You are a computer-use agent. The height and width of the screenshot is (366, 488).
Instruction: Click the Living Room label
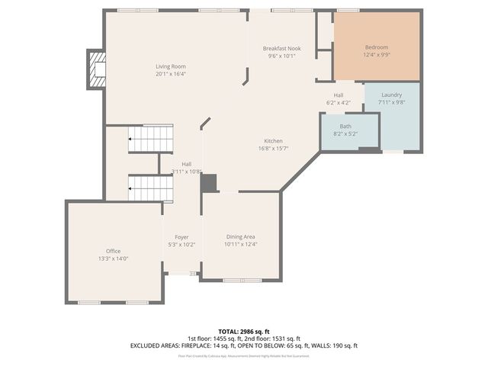[171, 66]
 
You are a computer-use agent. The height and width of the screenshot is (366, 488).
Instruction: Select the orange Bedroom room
[377, 46]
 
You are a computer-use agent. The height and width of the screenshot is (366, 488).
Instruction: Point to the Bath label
[345, 126]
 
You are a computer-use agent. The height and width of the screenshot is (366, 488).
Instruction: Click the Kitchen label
[274, 142]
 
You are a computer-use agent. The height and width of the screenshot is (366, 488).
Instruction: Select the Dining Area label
[240, 237]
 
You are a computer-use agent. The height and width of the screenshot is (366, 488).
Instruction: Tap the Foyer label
[181, 237]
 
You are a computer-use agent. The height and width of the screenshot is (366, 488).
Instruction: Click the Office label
[113, 251]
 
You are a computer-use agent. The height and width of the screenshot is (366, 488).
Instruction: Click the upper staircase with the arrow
[151, 139]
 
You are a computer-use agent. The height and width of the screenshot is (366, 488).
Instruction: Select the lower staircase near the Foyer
[151, 188]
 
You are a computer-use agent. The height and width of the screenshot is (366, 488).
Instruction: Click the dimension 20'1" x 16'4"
[171, 75]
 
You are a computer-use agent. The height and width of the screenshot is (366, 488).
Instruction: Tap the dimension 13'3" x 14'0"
[113, 259]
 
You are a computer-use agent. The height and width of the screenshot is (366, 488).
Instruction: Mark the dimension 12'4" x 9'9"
[377, 55]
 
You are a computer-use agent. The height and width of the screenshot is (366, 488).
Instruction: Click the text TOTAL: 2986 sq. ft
[243, 331]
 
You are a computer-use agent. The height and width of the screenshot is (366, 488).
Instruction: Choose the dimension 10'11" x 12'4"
[240, 245]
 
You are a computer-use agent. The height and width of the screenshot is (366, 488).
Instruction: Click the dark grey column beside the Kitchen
[209, 183]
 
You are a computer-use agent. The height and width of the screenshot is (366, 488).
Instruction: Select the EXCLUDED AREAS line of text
[243, 346]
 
